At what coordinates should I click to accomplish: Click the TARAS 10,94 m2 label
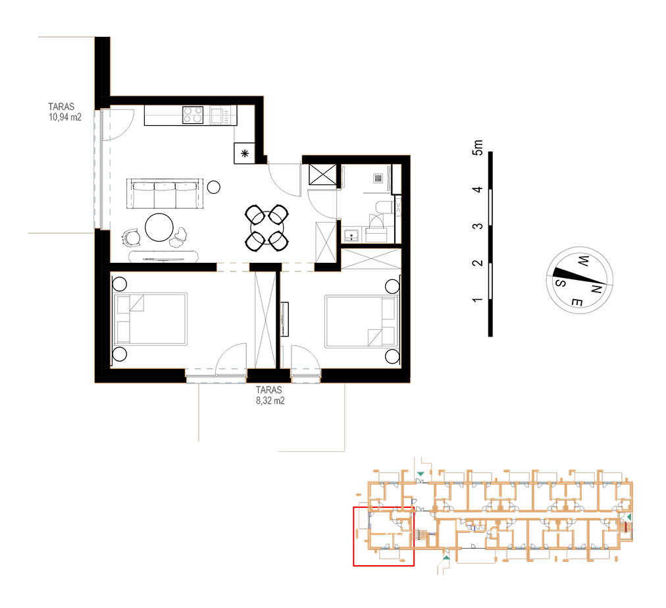[x=64, y=112]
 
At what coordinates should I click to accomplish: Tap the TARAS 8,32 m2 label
[x=270, y=395]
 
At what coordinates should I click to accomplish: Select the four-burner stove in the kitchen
[x=193, y=115]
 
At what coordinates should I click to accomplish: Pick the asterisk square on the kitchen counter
[x=245, y=153]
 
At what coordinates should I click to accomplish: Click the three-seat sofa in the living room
[x=165, y=194]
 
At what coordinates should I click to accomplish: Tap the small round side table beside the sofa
[x=214, y=187]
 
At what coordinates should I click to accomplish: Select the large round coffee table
[x=159, y=227]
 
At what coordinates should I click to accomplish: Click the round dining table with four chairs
[x=267, y=229]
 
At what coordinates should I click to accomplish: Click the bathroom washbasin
[x=351, y=235]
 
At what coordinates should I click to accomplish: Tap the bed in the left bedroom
[x=150, y=319]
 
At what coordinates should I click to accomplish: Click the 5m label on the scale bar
[x=478, y=148]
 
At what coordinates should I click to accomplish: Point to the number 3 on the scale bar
[x=478, y=226]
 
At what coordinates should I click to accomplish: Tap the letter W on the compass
[x=583, y=261]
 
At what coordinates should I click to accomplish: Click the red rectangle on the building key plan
[x=384, y=537]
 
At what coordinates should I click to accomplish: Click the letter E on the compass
[x=576, y=303]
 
